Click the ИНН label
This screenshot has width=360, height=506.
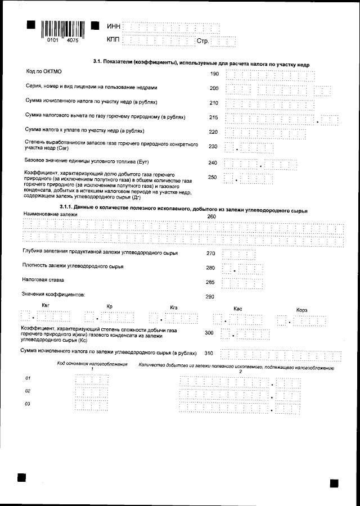point(113,26)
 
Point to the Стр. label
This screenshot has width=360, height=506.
point(202,41)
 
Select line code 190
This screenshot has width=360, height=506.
point(214,74)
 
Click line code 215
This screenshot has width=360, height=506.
point(214,118)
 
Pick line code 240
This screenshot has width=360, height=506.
point(212,163)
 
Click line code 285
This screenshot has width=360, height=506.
point(210,282)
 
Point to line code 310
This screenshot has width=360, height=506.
point(209,354)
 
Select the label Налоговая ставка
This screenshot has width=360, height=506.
point(43,279)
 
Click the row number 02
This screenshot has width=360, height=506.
point(28,391)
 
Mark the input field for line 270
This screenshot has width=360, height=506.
point(239,254)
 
